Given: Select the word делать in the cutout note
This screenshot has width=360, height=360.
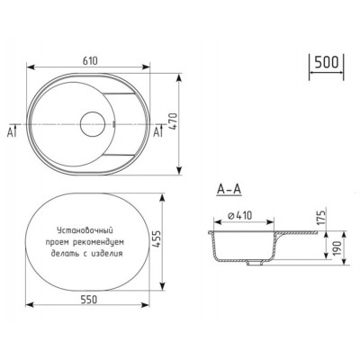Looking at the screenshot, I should tap(70, 255).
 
